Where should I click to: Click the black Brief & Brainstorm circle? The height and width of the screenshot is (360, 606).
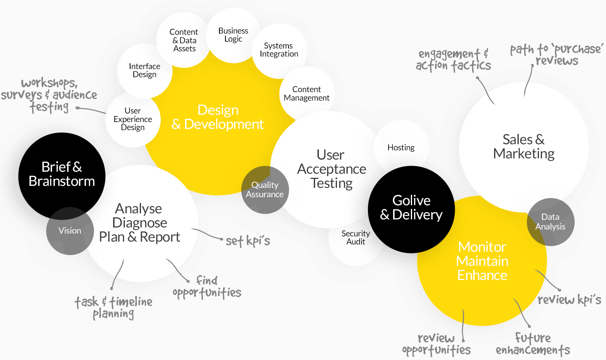pos(62,174)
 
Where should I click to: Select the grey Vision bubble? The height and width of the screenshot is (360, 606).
pos(70,231)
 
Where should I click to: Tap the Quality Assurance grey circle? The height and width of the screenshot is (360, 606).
pos(265,189)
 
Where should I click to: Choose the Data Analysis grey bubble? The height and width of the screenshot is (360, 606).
pos(550,222)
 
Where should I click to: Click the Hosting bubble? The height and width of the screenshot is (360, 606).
pos(401,147)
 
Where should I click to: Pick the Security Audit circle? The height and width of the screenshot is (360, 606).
pos(356,238)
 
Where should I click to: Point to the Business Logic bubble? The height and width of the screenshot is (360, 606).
pos(233,35)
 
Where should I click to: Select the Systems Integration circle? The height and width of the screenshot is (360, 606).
pos(279,50)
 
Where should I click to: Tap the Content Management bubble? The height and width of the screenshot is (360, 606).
pos(307,94)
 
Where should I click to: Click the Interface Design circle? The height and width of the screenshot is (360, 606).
pos(145,70)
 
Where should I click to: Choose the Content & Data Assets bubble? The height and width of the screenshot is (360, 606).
pos(184,40)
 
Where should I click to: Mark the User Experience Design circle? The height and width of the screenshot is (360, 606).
pos(133,119)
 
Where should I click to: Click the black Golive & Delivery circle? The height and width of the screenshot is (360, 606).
pos(411,208)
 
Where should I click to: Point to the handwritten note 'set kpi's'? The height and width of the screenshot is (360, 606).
pos(248,241)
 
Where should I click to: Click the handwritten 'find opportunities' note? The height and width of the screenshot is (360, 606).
pos(207,287)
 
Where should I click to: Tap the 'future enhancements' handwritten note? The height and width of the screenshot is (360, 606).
pos(533,344)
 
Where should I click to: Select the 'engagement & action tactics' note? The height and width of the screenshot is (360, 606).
pos(453,60)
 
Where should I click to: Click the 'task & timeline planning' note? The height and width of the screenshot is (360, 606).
pos(114,307)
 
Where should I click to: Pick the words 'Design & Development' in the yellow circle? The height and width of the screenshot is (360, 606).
pos(218,117)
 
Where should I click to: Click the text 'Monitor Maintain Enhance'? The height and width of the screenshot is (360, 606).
pos(482,261)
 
